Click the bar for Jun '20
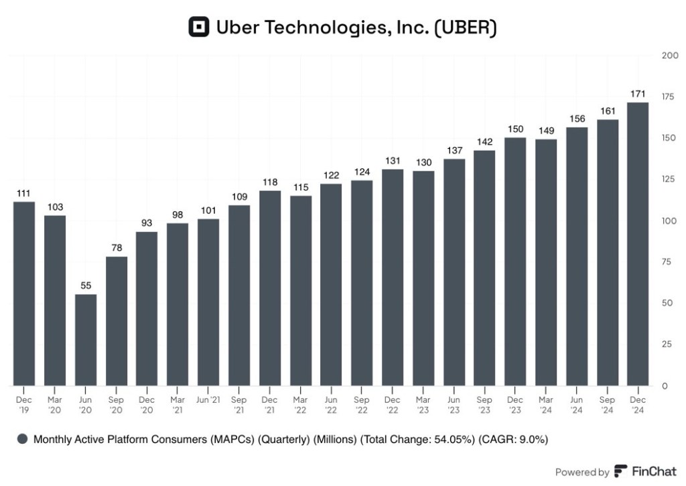pyautogui.click(x=85, y=340)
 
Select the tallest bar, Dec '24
pyautogui.click(x=637, y=244)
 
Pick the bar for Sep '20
pyautogui.click(x=116, y=321)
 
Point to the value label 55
pyautogui.click(x=85, y=285)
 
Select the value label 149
pyautogui.click(x=545, y=129)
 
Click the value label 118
pyautogui.click(x=269, y=181)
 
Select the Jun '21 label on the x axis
pyautogui.click(x=208, y=400)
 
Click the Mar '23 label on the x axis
pyautogui.click(x=423, y=404)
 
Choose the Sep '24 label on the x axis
pyautogui.click(x=606, y=404)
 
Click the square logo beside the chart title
pyautogui.click(x=199, y=27)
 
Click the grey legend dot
pyautogui.click(x=22, y=439)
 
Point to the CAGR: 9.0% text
pyautogui.click(x=515, y=439)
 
